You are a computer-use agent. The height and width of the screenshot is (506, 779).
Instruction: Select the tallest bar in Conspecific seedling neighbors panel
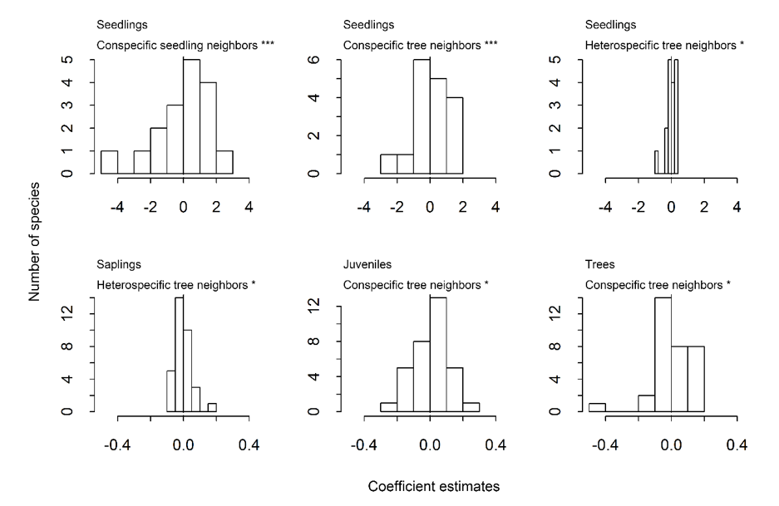click(191, 116)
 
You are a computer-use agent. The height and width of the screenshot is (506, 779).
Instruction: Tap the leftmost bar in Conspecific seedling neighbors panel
click(109, 162)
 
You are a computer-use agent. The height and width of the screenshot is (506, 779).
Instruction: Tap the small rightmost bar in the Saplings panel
click(212, 407)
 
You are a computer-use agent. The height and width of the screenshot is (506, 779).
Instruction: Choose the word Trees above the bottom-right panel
click(604, 265)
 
